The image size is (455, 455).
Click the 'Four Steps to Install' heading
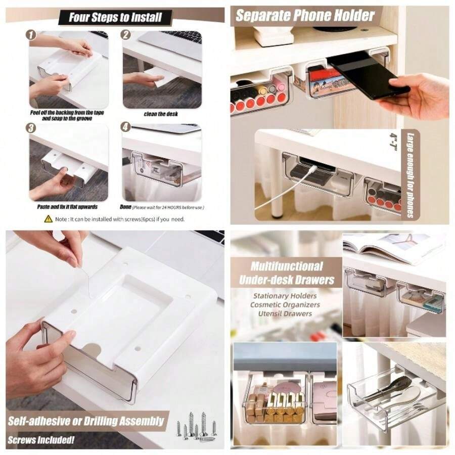coord(115,17)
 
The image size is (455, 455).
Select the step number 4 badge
coord(126,129)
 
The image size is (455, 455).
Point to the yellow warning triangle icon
coord(49,218)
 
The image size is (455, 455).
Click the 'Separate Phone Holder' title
coord(305,15)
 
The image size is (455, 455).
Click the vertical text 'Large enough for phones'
coord(411,174)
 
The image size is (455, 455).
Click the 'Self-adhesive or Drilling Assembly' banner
coord(86,421)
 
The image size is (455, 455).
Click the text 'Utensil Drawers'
coord(284,314)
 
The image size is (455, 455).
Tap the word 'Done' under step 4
coord(126,207)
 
